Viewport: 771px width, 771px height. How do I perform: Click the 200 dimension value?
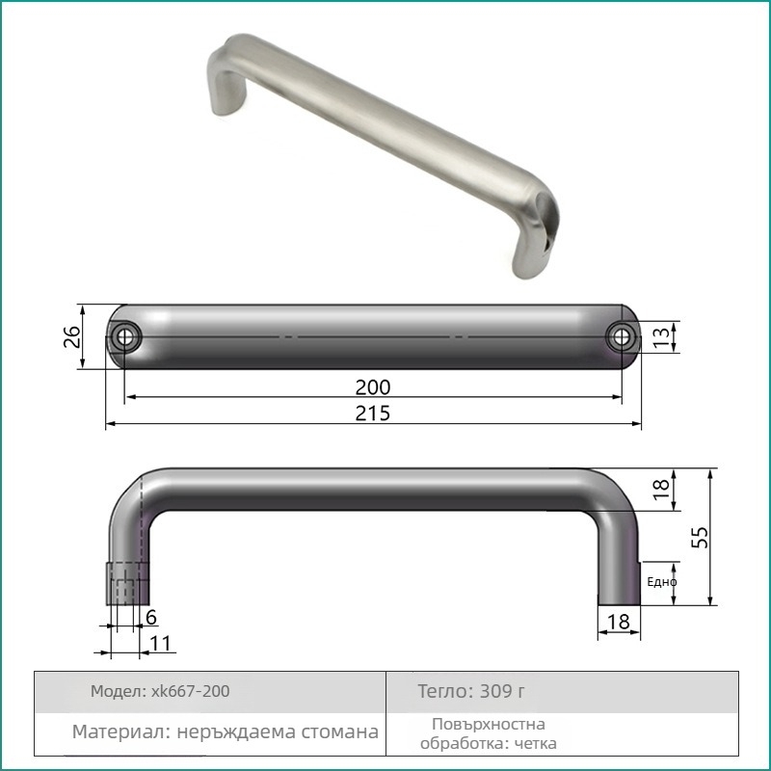pos(373,387)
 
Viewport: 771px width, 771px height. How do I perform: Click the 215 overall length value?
pos(373,413)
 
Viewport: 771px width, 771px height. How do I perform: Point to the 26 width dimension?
pos(72,336)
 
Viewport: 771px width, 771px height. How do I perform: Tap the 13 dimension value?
pos(662,337)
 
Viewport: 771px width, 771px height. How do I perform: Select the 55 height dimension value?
pos(700,537)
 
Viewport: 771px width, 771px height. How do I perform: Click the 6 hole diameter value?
pos(151,618)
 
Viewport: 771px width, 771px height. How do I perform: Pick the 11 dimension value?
pos(160,643)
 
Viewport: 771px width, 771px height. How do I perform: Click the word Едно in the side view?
pos(662,582)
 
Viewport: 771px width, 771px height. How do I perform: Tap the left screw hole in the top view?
pos(125,337)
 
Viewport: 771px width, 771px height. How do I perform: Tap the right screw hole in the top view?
pos(622,337)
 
